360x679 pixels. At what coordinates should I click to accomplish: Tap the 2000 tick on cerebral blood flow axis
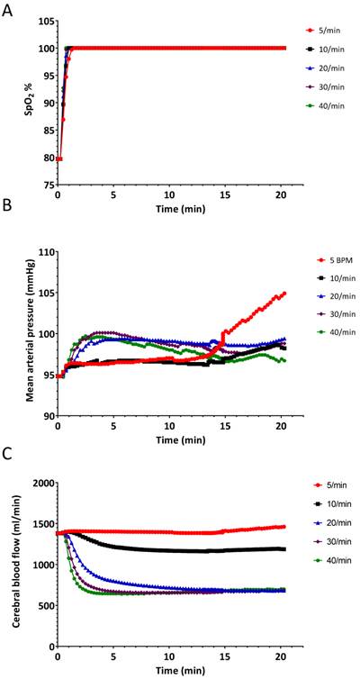point(40,483)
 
